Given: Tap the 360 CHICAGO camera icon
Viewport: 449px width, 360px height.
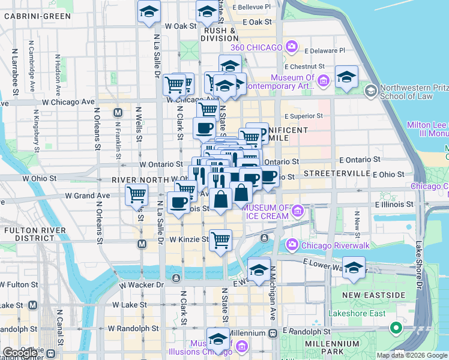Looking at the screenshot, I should click(292, 46).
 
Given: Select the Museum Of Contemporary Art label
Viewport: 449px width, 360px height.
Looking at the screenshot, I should click(292, 82).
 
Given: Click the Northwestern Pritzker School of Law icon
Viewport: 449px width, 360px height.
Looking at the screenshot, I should click(370, 91).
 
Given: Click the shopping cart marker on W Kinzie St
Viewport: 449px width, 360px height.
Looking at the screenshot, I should click(220, 240).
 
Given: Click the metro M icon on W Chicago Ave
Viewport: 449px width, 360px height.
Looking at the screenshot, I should click(118, 112).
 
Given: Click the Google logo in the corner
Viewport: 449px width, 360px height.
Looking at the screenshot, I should click(20, 353).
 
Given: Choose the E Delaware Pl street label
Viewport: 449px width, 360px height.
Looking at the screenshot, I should click(325, 51).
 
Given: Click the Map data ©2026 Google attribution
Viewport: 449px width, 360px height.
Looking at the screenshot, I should click(411, 355).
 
